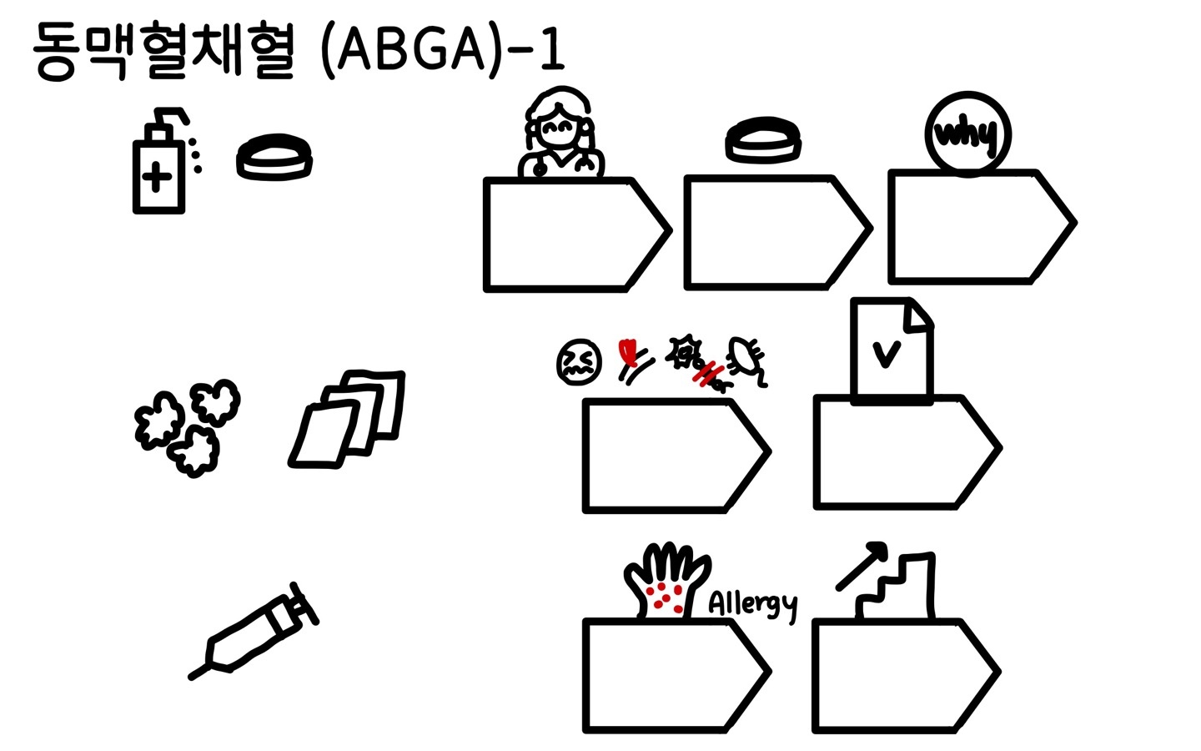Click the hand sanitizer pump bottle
[x=158, y=167]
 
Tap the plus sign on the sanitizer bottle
[x=157, y=178]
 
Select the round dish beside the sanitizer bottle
[x=274, y=157]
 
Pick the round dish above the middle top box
[x=763, y=139]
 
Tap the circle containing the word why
[x=967, y=134]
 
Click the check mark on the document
[x=886, y=354]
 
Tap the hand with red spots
[x=667, y=580]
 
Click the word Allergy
[x=752, y=603]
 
